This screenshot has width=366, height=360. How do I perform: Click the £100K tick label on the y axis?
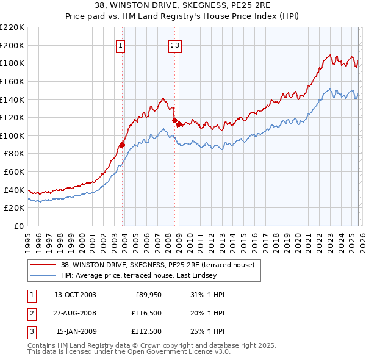click(x=12, y=135)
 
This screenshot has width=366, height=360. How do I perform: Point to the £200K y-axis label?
click(x=12, y=45)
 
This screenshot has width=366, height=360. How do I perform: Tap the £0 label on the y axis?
click(x=19, y=226)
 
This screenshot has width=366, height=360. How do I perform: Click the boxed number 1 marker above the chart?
click(x=120, y=45)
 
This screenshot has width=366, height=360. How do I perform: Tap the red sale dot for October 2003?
click(x=122, y=145)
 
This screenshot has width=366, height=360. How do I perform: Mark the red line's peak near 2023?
click(x=329, y=55)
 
